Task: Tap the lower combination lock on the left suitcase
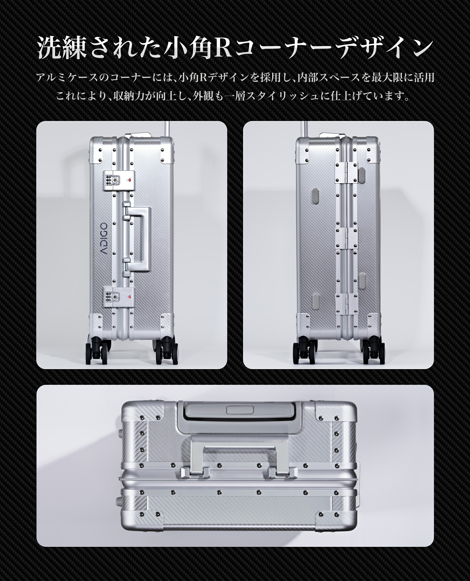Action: pos(111,297)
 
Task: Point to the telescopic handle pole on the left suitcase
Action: pos(167,128)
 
